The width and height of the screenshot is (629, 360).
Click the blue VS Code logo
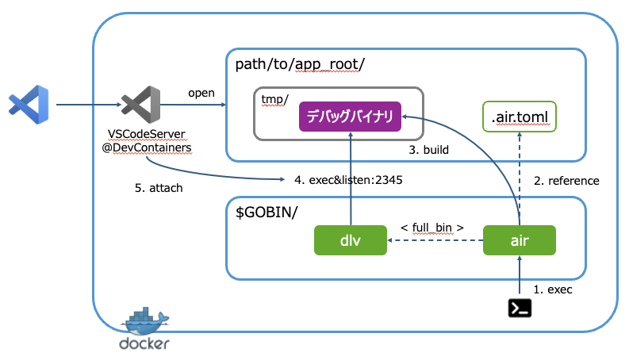pyautogui.click(x=29, y=104)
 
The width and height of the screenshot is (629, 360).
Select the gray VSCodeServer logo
pyautogui.click(x=141, y=104)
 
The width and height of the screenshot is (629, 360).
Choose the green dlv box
pyautogui.click(x=350, y=239)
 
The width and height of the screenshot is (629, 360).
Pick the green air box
pyautogui.click(x=519, y=239)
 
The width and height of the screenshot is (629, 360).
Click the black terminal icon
pyautogui.click(x=519, y=306)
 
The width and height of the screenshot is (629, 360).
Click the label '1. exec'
pyautogui.click(x=552, y=289)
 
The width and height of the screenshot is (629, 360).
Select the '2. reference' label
pyautogui.click(x=566, y=181)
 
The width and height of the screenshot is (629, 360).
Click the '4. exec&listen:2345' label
pyautogui.click(x=348, y=180)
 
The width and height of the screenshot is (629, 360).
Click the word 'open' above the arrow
pyautogui.click(x=201, y=93)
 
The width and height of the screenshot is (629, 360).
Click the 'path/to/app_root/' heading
pyautogui.click(x=290, y=64)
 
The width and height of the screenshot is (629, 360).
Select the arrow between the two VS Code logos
pyautogui.click(x=86, y=104)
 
